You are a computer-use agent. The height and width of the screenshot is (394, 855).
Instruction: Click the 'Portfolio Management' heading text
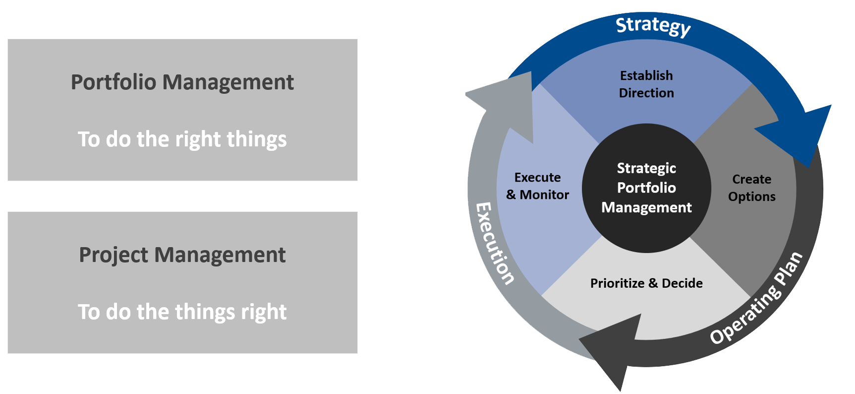182,82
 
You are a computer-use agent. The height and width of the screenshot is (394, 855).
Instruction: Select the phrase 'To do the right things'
182,139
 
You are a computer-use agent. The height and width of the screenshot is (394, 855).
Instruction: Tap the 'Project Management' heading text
182,255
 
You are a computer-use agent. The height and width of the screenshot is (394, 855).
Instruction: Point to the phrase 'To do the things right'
182,312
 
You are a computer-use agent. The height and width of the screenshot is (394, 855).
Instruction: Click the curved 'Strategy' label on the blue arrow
653,26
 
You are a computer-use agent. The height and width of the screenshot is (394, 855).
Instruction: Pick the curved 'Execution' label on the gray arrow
494,243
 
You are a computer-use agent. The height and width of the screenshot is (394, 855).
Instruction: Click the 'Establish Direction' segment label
646,84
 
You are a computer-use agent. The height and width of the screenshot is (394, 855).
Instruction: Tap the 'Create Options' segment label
751,188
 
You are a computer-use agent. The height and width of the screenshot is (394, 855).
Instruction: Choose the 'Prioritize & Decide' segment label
646,283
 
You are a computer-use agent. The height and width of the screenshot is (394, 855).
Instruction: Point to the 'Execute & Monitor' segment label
538,186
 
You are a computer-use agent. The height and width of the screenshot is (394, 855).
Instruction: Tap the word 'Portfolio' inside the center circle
646,188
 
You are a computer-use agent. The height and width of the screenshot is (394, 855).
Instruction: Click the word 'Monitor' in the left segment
544,195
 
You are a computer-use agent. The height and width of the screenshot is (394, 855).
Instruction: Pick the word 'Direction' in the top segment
646,93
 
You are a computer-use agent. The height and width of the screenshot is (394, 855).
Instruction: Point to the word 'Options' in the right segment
751,197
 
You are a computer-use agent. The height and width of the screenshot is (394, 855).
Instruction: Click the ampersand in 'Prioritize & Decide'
653,283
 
